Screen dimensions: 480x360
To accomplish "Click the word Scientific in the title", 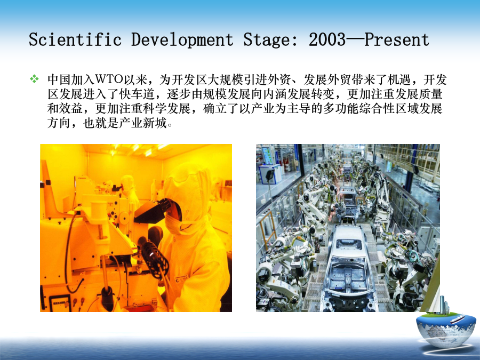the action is tap(75, 39).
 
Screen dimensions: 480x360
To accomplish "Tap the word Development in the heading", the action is tap(182, 40).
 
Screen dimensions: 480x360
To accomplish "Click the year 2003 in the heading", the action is tap(327, 39).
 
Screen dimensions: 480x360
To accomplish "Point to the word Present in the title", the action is tap(397, 39).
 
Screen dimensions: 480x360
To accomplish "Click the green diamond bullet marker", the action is tap(34, 79).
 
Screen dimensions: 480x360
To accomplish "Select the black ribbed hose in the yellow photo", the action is tap(153, 255).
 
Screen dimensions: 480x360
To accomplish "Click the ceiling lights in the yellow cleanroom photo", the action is tap(138, 149).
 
